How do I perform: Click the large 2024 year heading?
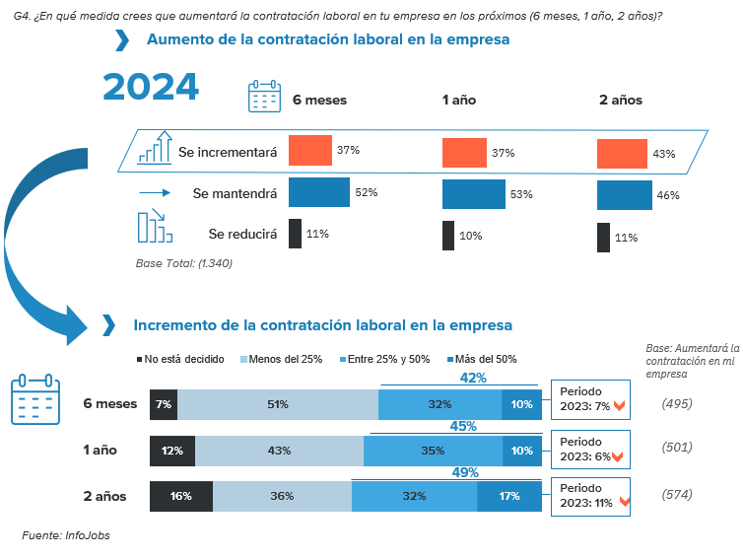151,87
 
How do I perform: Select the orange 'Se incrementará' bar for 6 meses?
309,150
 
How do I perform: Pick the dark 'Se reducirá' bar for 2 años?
603,238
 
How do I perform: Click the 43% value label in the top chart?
663,154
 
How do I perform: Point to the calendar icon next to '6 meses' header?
263,99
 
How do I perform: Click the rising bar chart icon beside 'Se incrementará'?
155,148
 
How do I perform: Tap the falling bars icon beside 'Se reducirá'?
154,228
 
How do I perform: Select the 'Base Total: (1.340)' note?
183,263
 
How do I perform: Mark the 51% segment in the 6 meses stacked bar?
277,404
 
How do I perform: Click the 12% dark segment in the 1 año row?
171,451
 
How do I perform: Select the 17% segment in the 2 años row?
508,496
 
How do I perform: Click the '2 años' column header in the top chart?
620,100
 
